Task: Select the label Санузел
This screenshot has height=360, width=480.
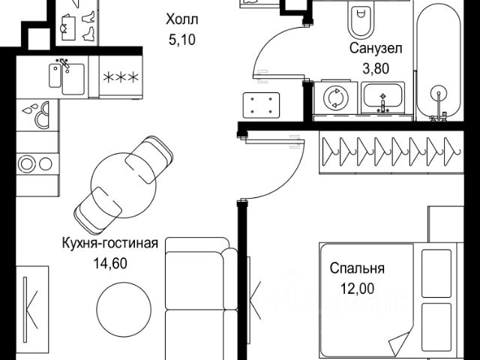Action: click(x=376, y=48)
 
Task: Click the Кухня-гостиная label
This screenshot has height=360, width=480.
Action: click(x=110, y=242)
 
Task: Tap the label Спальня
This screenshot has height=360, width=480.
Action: click(x=357, y=268)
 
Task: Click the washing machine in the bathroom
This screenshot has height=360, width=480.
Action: click(x=333, y=99)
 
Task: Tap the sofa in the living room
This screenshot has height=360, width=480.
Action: click(x=197, y=300)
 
